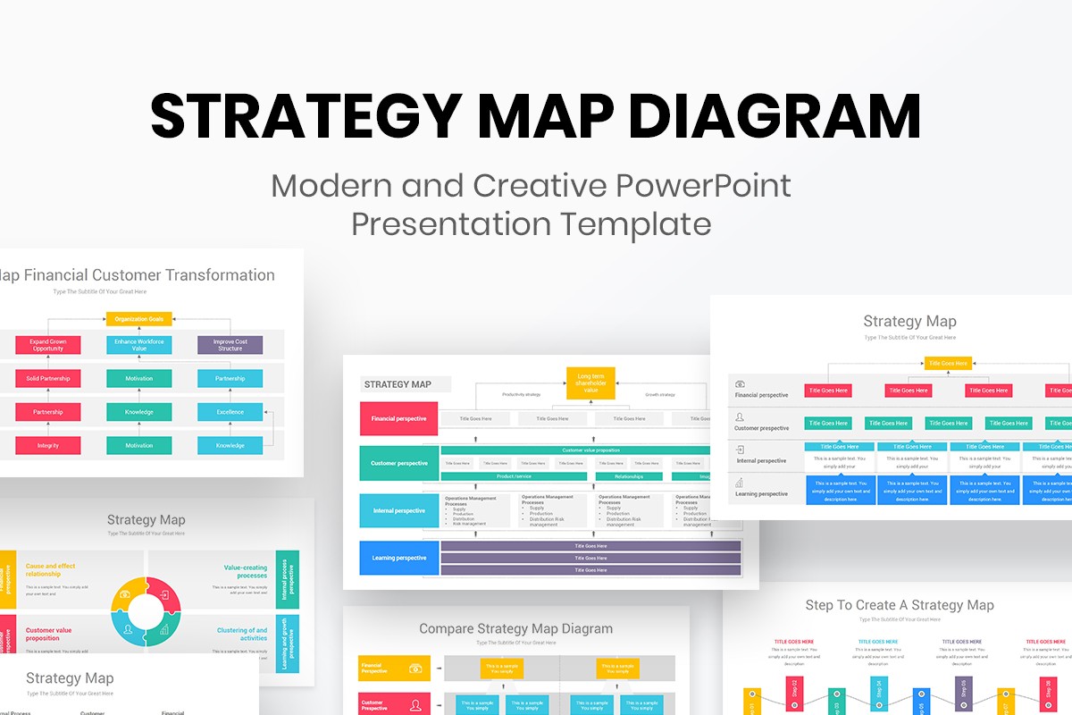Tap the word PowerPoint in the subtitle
click(703, 185)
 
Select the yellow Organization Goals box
click(138, 319)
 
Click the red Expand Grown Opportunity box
click(47, 345)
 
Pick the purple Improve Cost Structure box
click(230, 345)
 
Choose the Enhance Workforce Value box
click(138, 345)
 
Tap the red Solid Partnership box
click(47, 379)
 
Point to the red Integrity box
click(47, 445)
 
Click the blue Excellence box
click(230, 412)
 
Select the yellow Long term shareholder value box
click(590, 383)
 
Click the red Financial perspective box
click(398, 418)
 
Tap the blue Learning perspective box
click(398, 558)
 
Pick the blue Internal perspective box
click(398, 510)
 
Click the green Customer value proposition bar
click(590, 450)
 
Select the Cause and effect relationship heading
click(51, 569)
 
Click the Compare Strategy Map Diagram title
click(515, 629)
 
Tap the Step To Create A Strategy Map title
click(899, 605)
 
